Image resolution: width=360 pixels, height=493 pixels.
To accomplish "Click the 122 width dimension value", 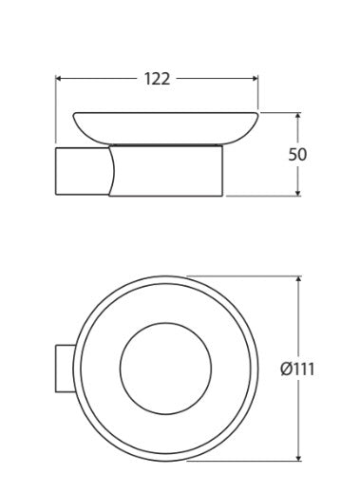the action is [x=157, y=79].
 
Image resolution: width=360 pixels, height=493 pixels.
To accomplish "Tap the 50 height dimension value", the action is [x=297, y=155].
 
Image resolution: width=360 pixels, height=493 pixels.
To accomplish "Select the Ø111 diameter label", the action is [x=297, y=370].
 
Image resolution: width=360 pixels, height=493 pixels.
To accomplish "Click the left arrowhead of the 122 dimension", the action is [x=58, y=78].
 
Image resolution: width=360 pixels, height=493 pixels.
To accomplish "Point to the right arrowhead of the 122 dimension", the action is [x=256, y=78].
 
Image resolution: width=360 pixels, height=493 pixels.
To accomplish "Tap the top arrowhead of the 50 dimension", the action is [x=297, y=116].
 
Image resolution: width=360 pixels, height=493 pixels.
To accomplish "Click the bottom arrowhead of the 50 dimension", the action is [x=297, y=193].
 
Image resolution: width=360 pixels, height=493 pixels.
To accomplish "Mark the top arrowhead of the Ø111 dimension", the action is [x=298, y=279].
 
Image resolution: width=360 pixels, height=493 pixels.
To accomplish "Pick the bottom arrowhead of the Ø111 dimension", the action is [x=298, y=458].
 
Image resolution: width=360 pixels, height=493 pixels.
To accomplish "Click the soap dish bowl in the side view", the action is [x=165, y=128].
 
